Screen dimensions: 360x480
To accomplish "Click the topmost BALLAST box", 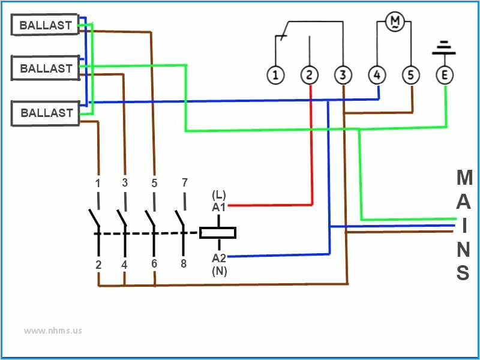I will (x=46, y=25).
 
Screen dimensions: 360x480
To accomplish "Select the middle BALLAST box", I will (x=46, y=68).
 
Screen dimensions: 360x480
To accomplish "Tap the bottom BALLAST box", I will (x=46, y=113).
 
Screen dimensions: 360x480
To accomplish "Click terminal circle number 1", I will (x=275, y=75).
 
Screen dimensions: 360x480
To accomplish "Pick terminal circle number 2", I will (x=309, y=75).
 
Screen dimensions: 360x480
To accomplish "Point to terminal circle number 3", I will (x=343, y=75).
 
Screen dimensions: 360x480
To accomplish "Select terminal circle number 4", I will (x=377, y=75).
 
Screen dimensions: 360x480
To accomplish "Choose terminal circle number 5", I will (x=411, y=75).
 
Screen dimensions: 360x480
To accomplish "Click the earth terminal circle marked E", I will (x=445, y=75).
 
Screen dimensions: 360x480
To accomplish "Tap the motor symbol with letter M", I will (x=395, y=22).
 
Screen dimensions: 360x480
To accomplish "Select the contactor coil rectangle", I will (x=217, y=232).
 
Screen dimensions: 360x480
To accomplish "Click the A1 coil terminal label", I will (x=218, y=207).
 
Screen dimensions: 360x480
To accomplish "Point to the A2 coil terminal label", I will (x=218, y=259).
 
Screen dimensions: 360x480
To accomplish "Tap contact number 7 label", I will (x=184, y=182).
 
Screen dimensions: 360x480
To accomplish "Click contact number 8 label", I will (x=184, y=263).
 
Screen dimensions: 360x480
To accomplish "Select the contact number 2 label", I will (x=98, y=264).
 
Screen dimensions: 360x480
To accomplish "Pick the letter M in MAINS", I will (x=464, y=178).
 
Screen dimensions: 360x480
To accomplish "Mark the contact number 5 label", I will (x=154, y=184).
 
